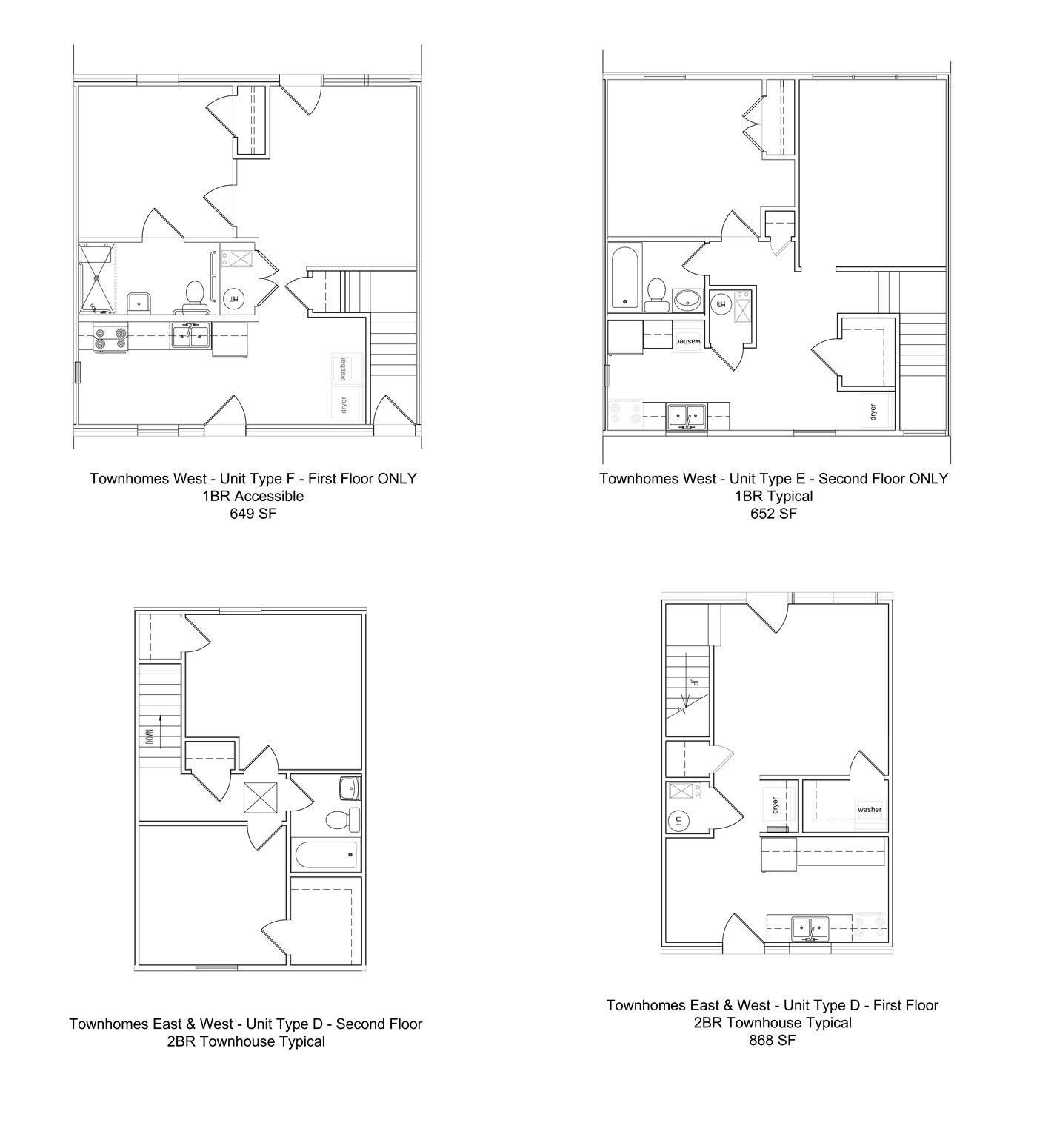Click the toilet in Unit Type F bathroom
click(195, 294)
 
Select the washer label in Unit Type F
click(343, 368)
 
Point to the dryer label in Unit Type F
click(343, 405)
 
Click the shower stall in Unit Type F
click(96, 278)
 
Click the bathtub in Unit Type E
click(626, 277)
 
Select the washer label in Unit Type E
click(687, 341)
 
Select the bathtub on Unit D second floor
click(326, 855)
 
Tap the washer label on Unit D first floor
click(870, 809)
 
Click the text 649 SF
click(253, 513)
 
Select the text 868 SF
click(772, 1039)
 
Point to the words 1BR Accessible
click(253, 496)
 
